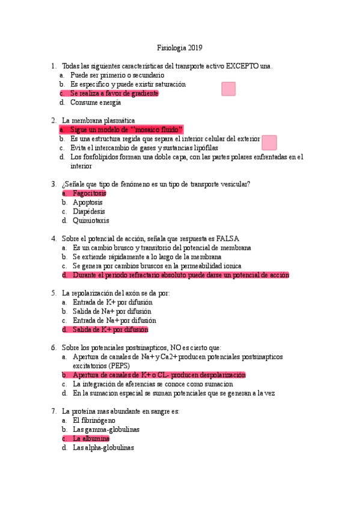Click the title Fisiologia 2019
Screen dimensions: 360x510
click(x=180, y=48)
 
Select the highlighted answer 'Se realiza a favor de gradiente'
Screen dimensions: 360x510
click(x=114, y=93)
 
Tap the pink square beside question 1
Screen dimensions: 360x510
click(x=228, y=89)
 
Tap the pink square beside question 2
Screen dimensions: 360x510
click(x=269, y=143)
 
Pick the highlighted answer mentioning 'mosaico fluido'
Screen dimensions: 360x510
click(x=126, y=129)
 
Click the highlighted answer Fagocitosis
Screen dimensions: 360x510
click(x=89, y=193)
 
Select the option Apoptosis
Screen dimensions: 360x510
click(x=88, y=202)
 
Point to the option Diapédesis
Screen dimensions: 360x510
click(x=89, y=211)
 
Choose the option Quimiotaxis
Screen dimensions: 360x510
click(x=91, y=220)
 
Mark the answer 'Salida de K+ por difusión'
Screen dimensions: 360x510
click(x=110, y=330)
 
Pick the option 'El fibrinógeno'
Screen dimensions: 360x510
click(x=94, y=420)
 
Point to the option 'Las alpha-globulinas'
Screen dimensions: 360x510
click(x=103, y=447)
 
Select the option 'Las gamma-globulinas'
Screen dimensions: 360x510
click(x=106, y=429)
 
